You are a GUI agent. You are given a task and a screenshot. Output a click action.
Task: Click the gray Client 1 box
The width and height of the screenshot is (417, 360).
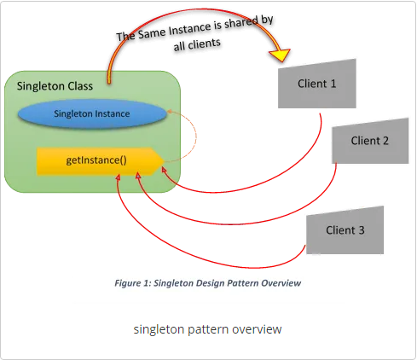(316, 84)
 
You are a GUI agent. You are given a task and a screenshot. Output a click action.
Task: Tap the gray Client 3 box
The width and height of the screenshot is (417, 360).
(345, 230)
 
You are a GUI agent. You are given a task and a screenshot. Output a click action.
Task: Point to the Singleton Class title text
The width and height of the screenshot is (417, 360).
(55, 85)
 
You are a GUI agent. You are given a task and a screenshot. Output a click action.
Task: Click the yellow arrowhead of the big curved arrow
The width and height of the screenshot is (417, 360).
(278, 57)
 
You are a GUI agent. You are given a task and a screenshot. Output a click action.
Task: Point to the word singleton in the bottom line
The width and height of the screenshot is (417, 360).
(158, 328)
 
